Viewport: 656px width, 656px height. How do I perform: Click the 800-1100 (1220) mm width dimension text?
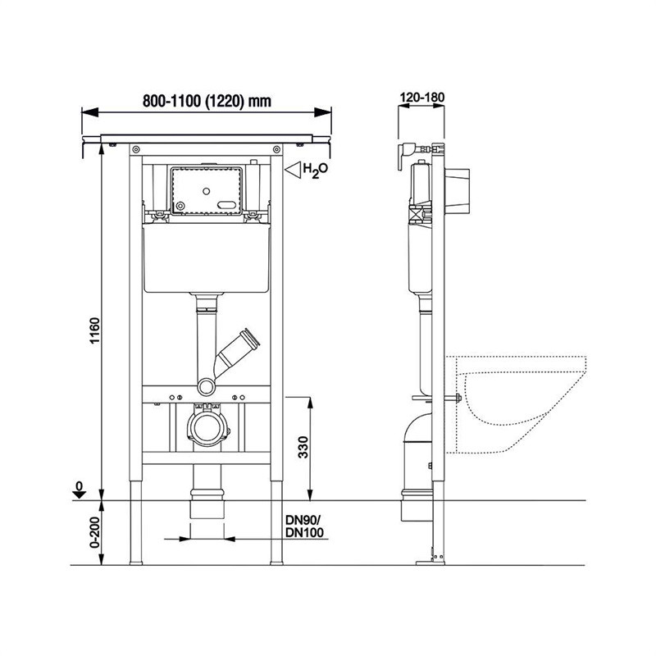(207, 101)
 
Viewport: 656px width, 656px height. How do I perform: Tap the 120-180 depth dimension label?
(422, 98)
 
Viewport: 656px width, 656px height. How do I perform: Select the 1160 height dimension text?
(95, 330)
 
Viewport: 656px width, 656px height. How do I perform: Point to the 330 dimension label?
(303, 447)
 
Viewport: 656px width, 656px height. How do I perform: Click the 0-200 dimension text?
(95, 532)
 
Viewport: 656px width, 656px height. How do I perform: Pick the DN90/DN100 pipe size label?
(304, 526)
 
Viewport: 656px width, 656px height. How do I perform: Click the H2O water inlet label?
(315, 171)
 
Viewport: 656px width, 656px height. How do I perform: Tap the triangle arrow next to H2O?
(293, 170)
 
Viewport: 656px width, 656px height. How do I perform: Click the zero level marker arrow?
(79, 490)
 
